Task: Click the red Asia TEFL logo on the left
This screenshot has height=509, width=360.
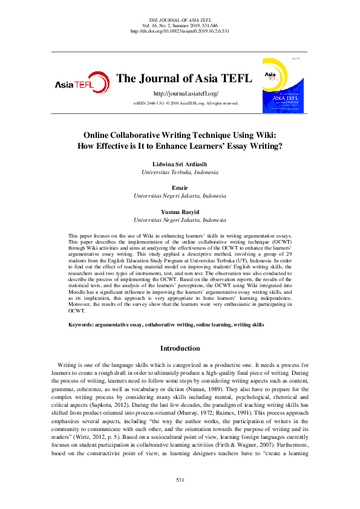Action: point(82,83)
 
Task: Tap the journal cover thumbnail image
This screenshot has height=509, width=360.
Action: point(283,85)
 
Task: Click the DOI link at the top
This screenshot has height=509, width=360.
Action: point(180,31)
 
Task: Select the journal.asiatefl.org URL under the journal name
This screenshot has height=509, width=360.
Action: point(186,93)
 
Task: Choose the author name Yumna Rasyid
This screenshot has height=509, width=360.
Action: point(180,212)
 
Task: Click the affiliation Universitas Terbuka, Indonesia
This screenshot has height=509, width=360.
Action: point(180,172)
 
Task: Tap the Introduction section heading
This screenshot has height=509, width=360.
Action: point(180,348)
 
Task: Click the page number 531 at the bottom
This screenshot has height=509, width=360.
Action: point(180,479)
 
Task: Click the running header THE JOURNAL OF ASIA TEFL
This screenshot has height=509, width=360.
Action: point(180,20)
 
